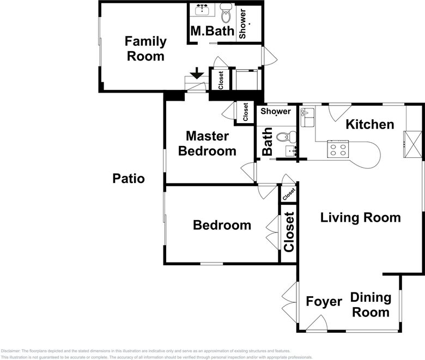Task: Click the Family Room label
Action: coord(145,48)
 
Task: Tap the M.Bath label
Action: coord(212,32)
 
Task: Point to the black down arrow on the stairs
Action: coord(197,74)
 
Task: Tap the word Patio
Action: coord(129,178)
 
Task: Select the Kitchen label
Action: coord(370,125)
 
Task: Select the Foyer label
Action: coord(324,302)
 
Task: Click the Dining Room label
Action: coord(371,305)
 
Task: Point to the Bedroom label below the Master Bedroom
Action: coord(222,225)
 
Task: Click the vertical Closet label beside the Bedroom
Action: coord(289,231)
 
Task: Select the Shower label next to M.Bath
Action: coord(243,23)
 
